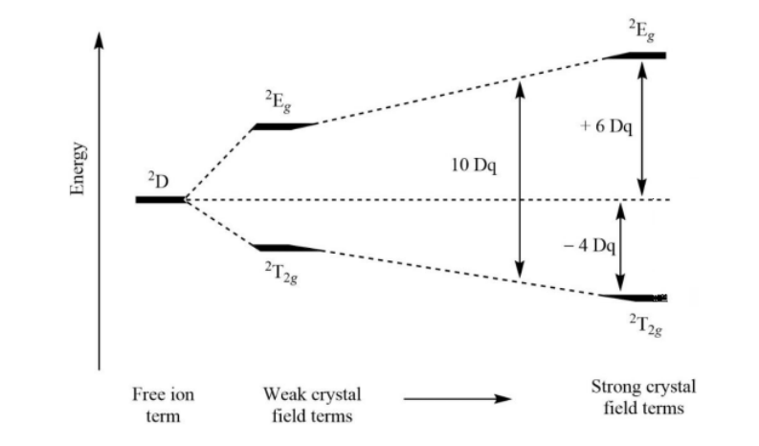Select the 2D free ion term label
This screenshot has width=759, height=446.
[x=158, y=180]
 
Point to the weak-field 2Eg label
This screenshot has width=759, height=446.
[x=279, y=101]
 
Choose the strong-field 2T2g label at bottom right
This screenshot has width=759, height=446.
[x=644, y=325]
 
